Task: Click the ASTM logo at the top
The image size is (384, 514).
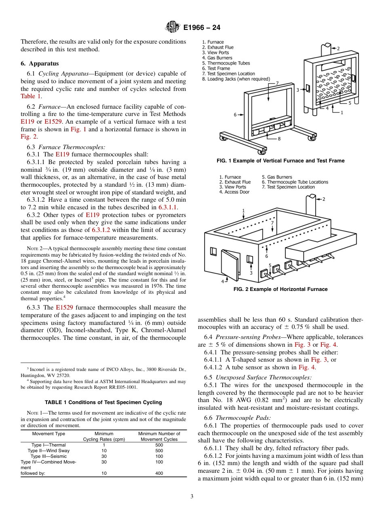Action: pyautogui.click(x=173, y=27)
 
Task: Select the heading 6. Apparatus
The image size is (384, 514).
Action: pyautogui.click(x=40, y=63)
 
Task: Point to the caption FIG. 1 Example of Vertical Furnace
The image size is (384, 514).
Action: pyautogui.click(x=281, y=161)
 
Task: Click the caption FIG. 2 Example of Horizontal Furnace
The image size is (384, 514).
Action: pyautogui.click(x=281, y=289)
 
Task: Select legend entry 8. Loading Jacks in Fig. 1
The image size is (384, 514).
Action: pyautogui.click(x=236, y=79)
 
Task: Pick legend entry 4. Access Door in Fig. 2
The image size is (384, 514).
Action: pyautogui.click(x=234, y=192)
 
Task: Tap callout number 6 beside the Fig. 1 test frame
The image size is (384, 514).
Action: pyautogui.click(x=235, y=115)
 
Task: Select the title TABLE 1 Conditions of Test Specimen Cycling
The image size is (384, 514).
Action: pyautogui.click(x=103, y=402)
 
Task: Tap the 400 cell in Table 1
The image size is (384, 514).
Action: pyautogui.click(x=159, y=473)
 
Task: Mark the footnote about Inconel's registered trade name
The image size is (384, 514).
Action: pyautogui.click(x=103, y=371)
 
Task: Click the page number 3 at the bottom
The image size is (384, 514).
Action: pyautogui.click(x=192, y=497)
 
